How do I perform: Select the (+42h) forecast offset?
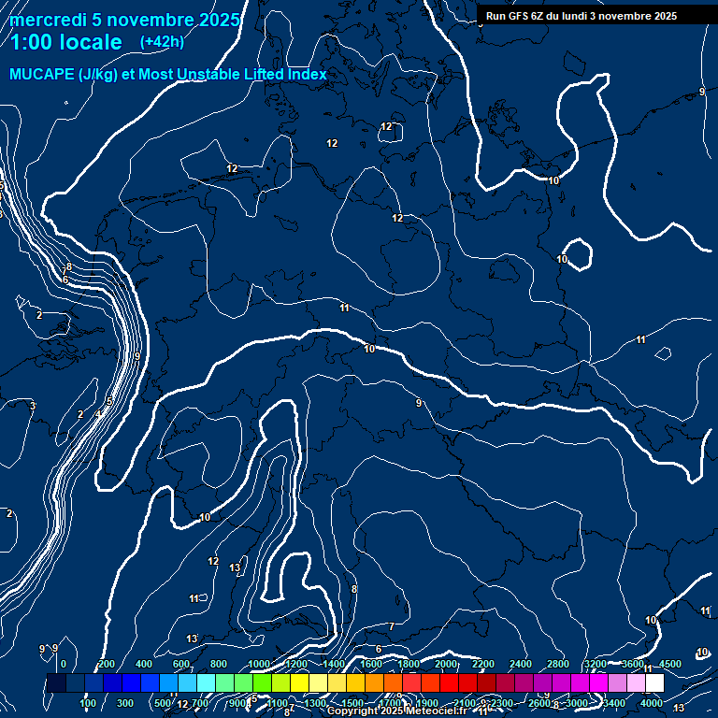162,42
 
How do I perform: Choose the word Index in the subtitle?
305,75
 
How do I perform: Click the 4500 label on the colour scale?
670,664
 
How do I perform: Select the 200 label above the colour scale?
106,664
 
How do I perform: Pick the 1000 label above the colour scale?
258,664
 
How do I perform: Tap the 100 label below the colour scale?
88,703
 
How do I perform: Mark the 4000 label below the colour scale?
651,703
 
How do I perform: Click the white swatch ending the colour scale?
654,683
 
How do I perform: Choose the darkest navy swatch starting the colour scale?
56,683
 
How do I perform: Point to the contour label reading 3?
32,406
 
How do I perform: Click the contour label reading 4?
98,413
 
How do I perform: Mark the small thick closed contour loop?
579,253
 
